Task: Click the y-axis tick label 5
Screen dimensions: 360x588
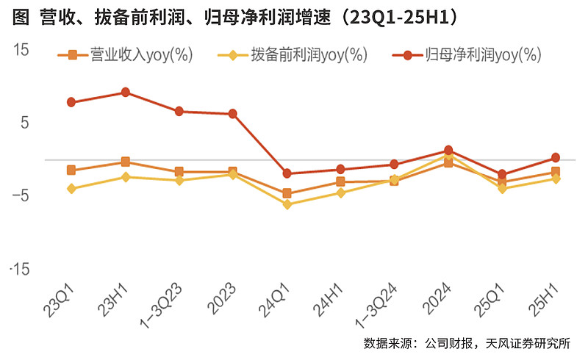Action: (x=24, y=123)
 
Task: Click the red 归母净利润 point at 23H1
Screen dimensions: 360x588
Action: (x=126, y=93)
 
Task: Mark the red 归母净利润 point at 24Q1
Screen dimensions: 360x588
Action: (x=287, y=173)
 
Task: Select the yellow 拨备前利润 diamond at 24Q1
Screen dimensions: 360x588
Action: (x=287, y=204)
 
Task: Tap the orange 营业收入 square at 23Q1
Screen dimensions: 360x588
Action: (x=71, y=170)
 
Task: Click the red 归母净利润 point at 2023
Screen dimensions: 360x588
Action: (x=233, y=114)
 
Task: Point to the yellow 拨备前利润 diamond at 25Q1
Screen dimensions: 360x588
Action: (x=502, y=189)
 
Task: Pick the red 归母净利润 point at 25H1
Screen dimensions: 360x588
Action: (x=556, y=157)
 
